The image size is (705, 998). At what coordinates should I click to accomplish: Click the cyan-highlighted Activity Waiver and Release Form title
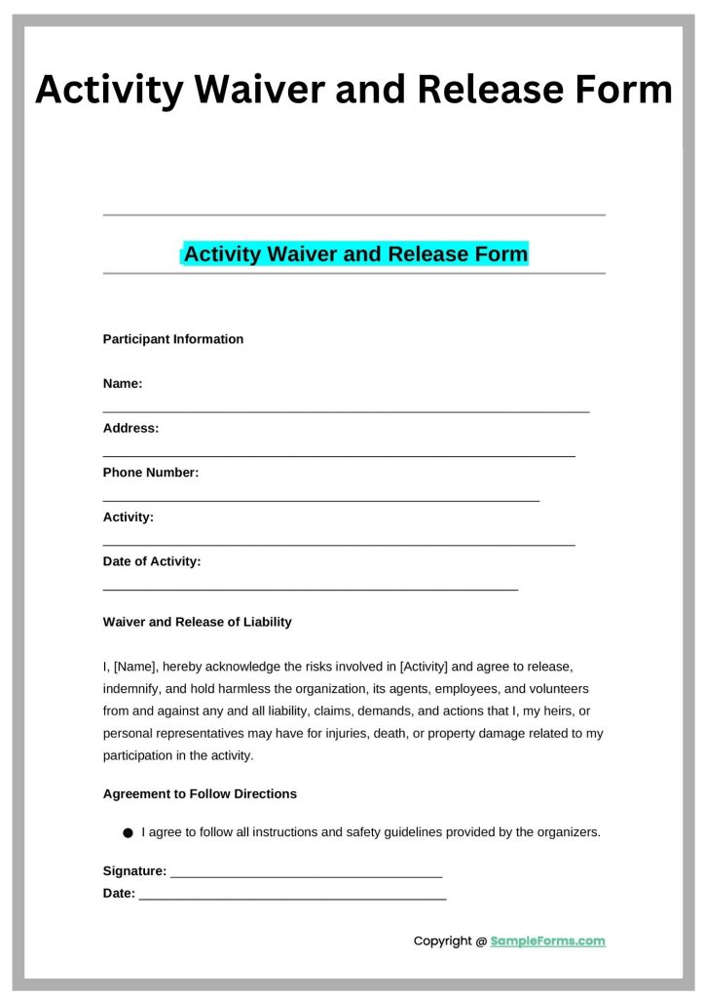click(355, 254)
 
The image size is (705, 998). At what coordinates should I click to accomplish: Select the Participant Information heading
click(173, 339)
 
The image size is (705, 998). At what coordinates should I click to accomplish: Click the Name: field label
click(123, 384)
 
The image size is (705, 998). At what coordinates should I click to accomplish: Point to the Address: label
click(130, 428)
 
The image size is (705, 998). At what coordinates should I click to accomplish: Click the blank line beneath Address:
click(339, 455)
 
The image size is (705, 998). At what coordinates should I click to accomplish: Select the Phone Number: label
click(151, 473)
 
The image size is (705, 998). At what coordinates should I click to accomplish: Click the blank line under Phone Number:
click(321, 500)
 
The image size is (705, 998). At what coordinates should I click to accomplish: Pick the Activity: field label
click(129, 517)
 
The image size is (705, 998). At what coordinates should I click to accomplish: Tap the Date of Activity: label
click(152, 561)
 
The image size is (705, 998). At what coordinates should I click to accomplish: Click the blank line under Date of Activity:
click(311, 589)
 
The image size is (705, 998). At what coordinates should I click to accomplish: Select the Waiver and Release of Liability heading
click(197, 622)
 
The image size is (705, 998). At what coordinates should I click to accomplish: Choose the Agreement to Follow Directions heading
click(200, 794)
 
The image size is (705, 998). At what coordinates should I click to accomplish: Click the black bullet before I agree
click(128, 833)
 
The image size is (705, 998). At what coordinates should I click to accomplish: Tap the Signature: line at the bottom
click(306, 873)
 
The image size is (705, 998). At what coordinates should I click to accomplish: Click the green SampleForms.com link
click(547, 941)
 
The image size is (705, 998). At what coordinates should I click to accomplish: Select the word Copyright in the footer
click(443, 941)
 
